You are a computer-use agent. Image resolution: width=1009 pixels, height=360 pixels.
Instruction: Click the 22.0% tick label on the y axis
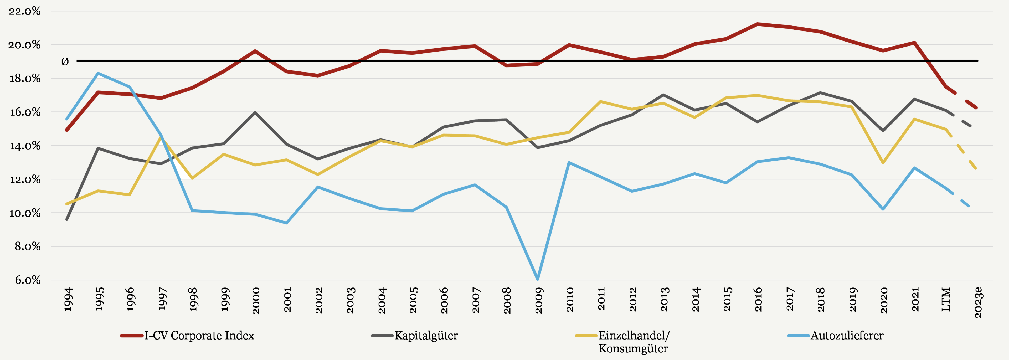24,11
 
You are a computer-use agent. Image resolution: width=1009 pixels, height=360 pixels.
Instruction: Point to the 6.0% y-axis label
27,280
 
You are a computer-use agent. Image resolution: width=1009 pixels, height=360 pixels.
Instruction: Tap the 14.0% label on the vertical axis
25,146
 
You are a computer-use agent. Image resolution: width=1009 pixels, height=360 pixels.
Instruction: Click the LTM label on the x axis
946,300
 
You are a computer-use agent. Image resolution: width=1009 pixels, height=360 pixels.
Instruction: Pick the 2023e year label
978,302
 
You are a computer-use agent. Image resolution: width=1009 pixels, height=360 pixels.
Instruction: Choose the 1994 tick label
68,299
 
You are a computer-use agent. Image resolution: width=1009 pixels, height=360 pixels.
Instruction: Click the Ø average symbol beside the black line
65,61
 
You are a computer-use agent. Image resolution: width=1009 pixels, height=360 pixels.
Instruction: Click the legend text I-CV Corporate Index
199,336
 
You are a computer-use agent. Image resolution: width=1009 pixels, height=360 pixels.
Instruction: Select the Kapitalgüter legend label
426,336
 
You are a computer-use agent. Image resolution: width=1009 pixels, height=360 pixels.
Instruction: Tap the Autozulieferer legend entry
847,336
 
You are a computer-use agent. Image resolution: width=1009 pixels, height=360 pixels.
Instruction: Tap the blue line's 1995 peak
98,73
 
